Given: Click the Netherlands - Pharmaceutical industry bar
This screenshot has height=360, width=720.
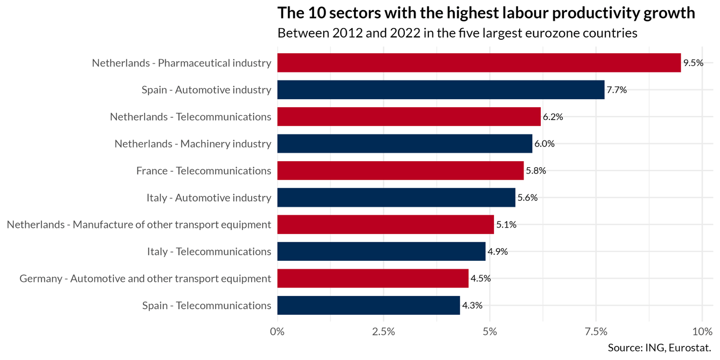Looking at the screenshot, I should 478,63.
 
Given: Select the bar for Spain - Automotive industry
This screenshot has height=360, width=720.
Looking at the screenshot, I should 441,90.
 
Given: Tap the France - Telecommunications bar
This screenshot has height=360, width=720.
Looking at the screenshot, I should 400,171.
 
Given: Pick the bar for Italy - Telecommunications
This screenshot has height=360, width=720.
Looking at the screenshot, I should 381,251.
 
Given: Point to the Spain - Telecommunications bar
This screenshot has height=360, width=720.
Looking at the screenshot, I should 369,305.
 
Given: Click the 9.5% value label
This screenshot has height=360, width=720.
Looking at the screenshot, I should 693,63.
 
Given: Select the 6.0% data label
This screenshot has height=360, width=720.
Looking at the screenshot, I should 545,143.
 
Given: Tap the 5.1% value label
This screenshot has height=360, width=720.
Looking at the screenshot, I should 507,225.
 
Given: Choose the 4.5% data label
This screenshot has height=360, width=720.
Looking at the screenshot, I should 481,278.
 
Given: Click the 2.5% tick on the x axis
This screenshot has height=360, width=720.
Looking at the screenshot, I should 384,332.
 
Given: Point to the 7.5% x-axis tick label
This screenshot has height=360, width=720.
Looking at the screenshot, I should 596,332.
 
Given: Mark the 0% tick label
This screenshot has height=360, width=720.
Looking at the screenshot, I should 277,332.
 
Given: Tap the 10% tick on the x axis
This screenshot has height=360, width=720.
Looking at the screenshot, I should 702,332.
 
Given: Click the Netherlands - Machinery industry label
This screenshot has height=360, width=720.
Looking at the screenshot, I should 193,143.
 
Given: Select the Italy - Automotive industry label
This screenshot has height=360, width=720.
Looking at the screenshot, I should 209,197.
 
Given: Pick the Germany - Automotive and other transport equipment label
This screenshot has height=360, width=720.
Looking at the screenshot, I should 146,278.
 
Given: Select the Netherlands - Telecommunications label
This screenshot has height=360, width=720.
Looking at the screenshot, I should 191,117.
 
